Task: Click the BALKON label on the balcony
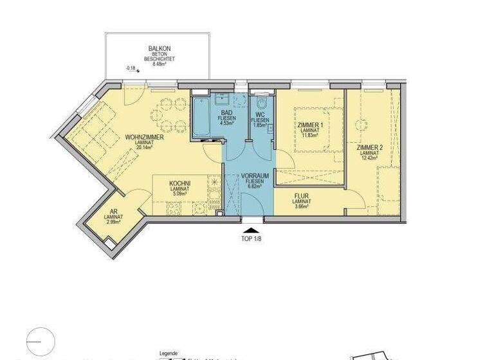click(x=158, y=48)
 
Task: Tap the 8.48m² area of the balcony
click(x=158, y=64)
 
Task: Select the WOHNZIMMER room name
click(x=144, y=138)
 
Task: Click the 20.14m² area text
click(x=144, y=148)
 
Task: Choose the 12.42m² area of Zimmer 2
click(x=369, y=158)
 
